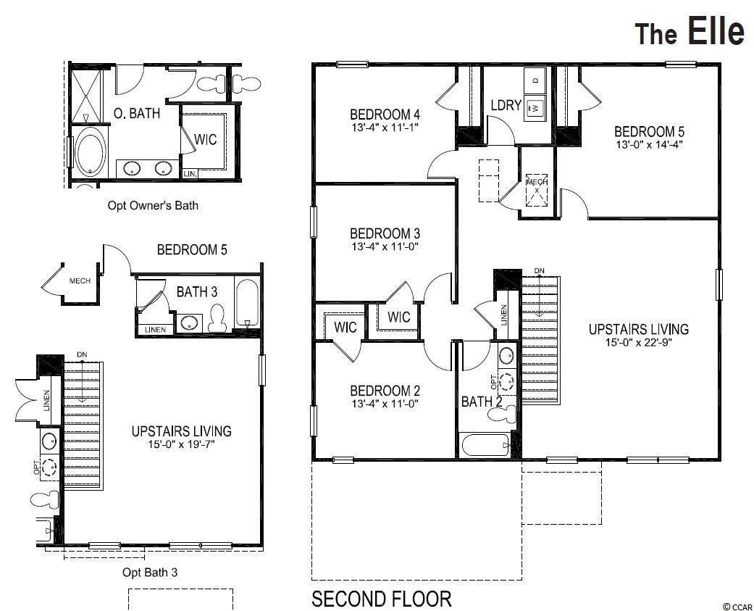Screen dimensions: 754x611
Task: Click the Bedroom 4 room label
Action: [385, 115]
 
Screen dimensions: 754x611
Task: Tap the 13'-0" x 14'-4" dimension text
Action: [649, 144]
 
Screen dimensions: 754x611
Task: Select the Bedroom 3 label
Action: [385, 233]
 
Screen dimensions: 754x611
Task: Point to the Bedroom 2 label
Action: [385, 391]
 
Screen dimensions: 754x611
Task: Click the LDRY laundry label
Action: [506, 105]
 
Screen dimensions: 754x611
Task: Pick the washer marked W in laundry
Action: [535, 109]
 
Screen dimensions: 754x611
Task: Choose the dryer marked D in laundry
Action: [536, 80]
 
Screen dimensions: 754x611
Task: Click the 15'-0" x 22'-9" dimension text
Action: [638, 342]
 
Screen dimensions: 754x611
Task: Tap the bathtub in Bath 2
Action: [485, 446]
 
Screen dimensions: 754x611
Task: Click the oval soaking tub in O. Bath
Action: [91, 154]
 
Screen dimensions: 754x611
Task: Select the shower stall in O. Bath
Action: [86, 96]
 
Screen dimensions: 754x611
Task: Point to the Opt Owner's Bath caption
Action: [153, 205]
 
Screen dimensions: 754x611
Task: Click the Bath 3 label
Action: [197, 291]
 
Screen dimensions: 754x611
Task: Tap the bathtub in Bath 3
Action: [248, 304]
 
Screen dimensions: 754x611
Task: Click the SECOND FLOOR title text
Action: [381, 599]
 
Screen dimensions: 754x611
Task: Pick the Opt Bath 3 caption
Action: [150, 573]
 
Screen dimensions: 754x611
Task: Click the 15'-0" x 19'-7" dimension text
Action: [181, 444]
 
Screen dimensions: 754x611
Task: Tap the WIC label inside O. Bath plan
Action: [205, 139]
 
